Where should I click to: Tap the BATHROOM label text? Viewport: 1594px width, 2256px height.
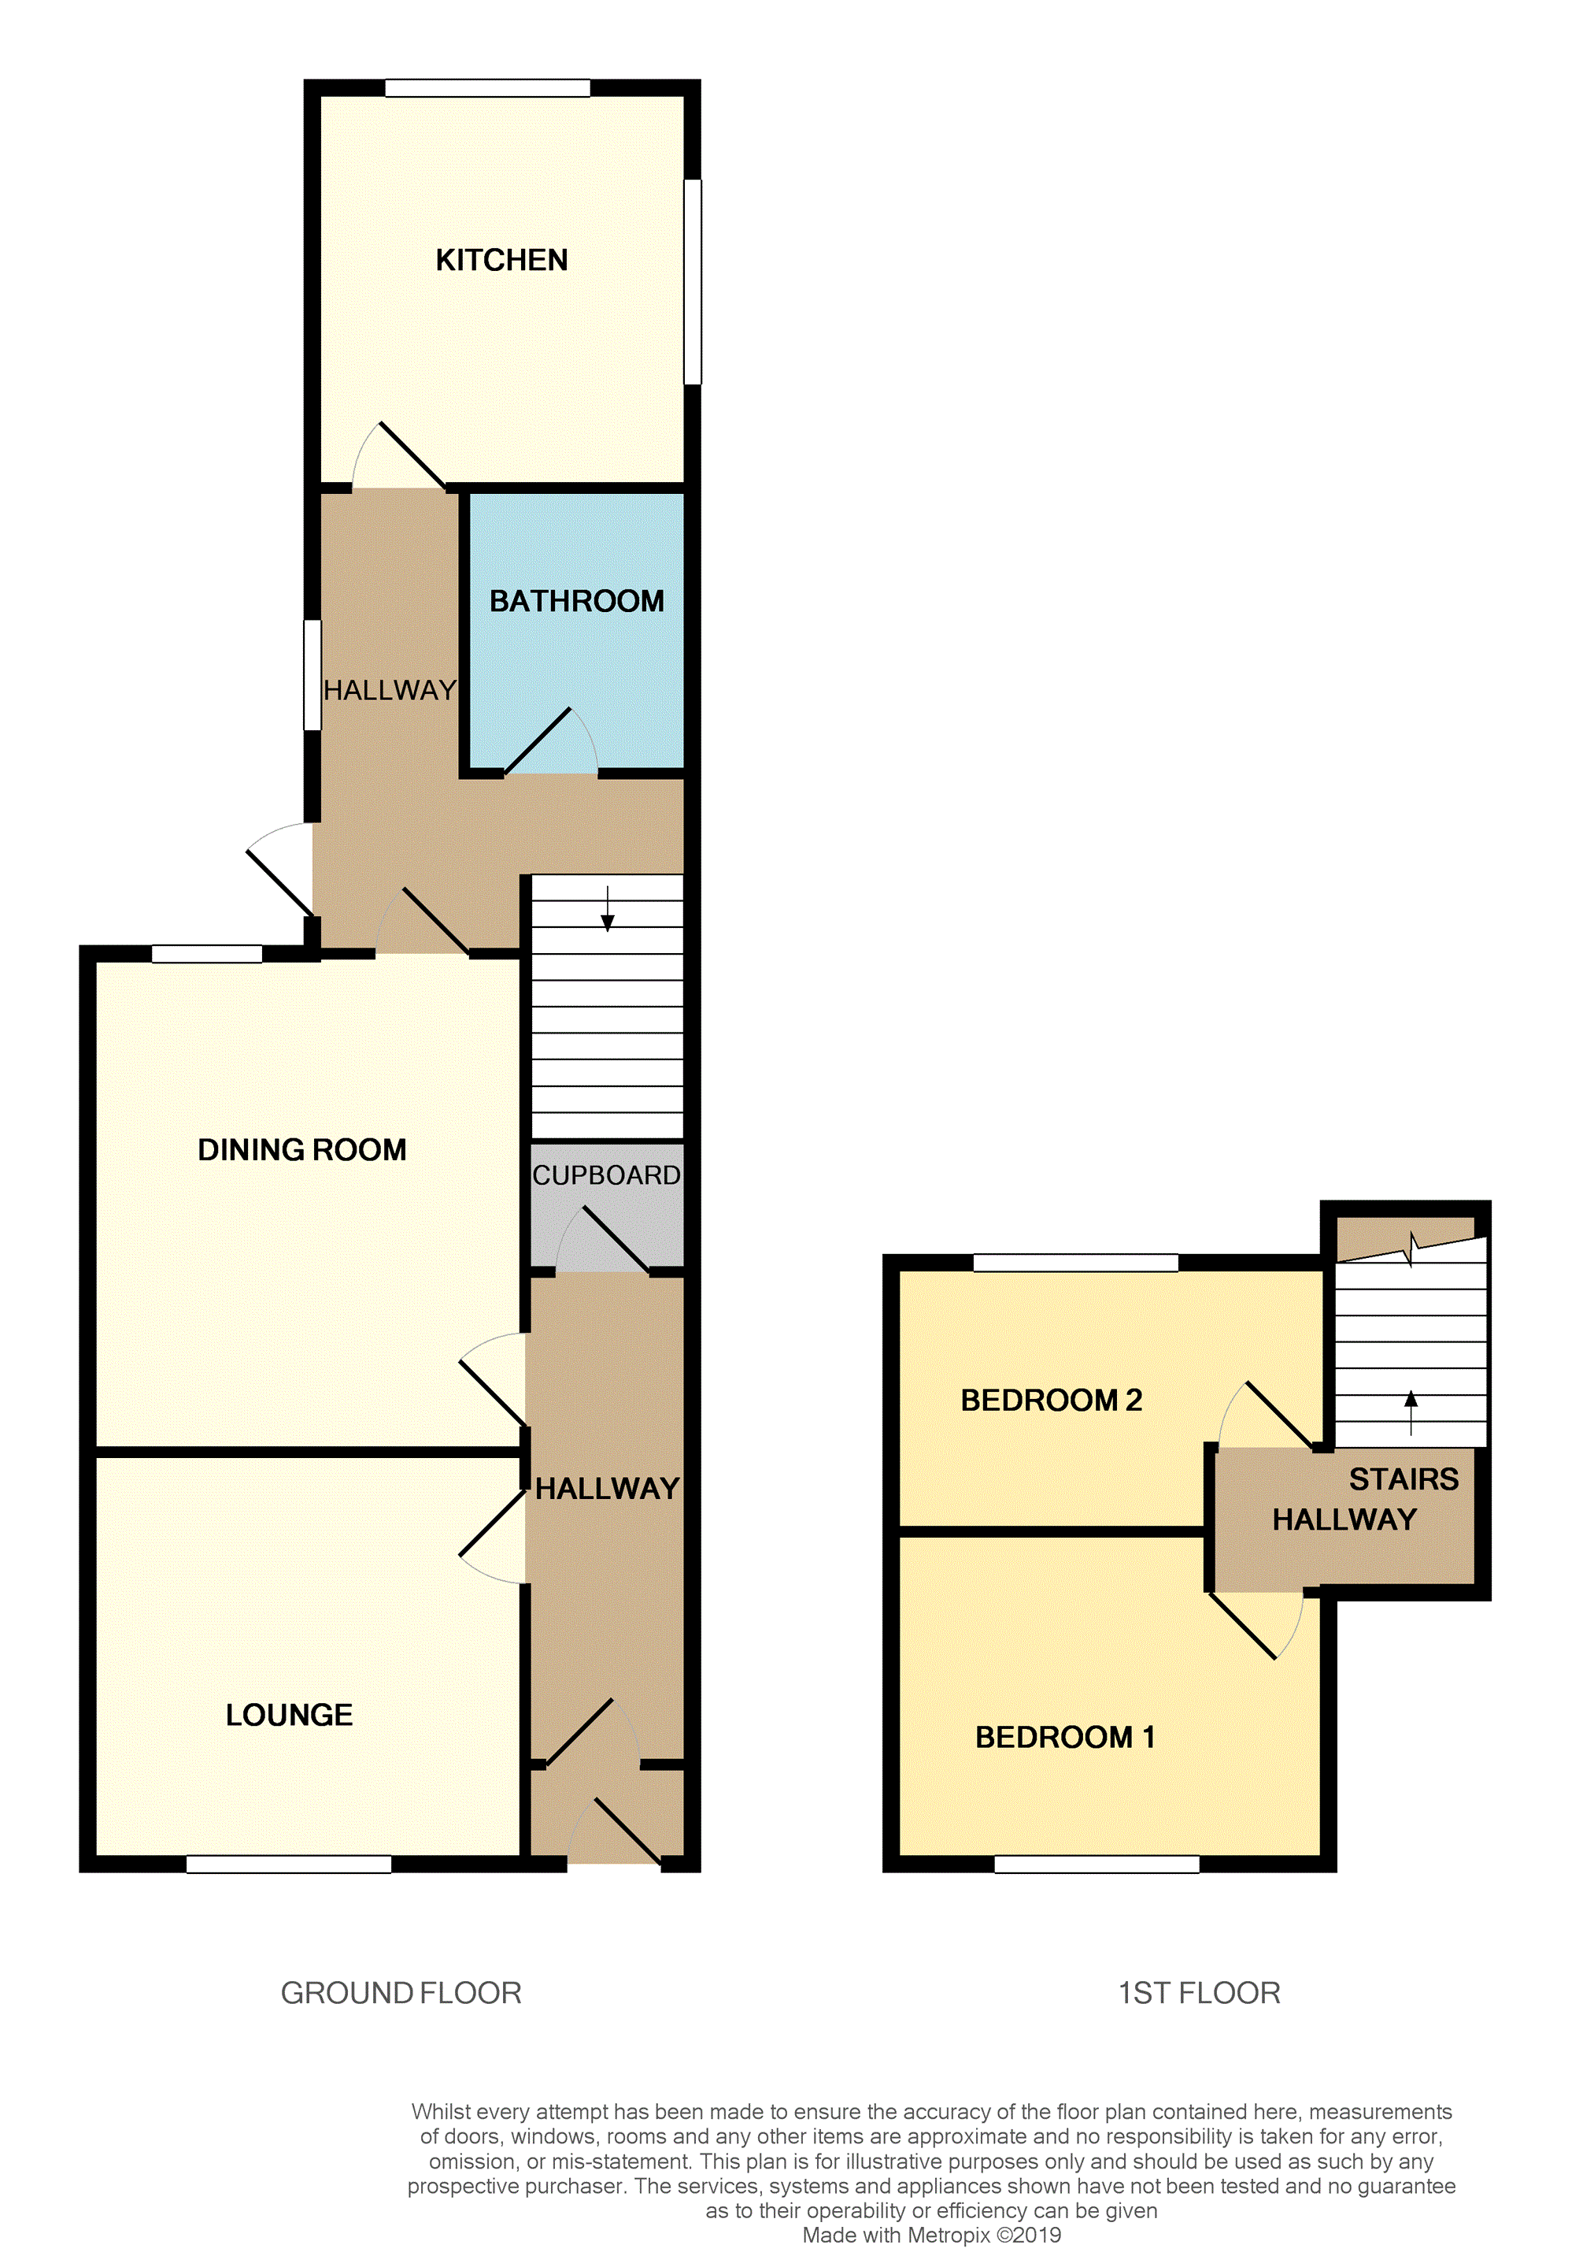tap(576, 601)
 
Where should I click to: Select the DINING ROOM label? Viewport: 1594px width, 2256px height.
tap(301, 1149)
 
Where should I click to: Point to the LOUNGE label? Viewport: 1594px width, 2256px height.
tap(289, 1715)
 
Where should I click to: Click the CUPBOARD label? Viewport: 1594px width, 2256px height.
tap(606, 1175)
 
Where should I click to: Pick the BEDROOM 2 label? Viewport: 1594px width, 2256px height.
tap(1051, 1401)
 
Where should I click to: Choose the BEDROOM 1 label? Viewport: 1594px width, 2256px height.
tap(1064, 1737)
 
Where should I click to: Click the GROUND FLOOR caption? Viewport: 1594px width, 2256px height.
tap(401, 1993)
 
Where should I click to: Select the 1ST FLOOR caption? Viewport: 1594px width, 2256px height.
tap(1199, 1993)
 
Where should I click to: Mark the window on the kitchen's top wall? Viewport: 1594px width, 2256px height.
tap(487, 88)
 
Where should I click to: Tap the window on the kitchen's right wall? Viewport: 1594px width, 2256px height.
tap(693, 281)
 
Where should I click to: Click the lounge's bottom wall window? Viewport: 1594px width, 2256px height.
tap(289, 1864)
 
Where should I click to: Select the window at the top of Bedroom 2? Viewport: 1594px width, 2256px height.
tap(1075, 1263)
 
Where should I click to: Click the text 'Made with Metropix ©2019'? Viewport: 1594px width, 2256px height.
tap(931, 2236)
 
